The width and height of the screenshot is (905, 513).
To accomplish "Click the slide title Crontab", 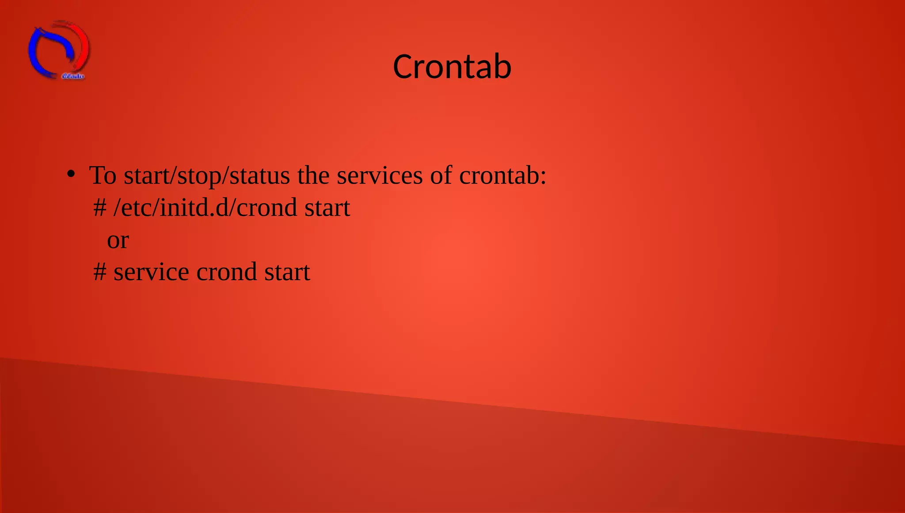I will click(x=452, y=67).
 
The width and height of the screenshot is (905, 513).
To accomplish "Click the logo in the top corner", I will click(x=59, y=50).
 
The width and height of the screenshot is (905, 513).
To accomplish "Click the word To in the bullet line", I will click(x=103, y=175).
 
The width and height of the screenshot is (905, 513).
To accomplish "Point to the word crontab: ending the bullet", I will click(x=502, y=175).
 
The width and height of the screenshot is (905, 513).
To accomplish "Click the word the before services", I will click(x=313, y=175).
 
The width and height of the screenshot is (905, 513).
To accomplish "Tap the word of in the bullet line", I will click(x=441, y=175).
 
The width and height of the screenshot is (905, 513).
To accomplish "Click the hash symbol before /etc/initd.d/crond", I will click(x=100, y=208).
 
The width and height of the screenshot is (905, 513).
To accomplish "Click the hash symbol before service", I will click(x=100, y=272).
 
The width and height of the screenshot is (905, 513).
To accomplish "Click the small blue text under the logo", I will click(x=73, y=76).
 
